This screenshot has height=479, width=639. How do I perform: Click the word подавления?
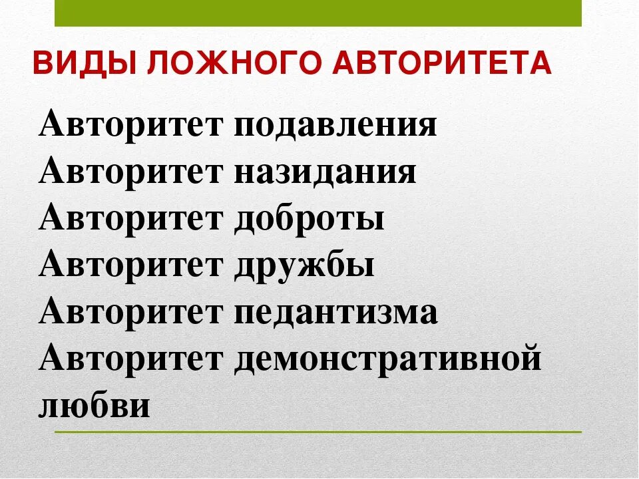pos(335,125)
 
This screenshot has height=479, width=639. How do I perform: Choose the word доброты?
pos(309,218)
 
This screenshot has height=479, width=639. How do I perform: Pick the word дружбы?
pos(304,265)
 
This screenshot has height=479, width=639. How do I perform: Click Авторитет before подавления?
pos(130,125)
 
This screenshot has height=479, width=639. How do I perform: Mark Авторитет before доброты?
pos(130,218)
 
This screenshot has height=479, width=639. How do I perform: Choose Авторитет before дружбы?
pos(130,265)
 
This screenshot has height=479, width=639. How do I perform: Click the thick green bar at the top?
pos(318,13)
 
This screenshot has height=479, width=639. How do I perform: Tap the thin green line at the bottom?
pos(318,432)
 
